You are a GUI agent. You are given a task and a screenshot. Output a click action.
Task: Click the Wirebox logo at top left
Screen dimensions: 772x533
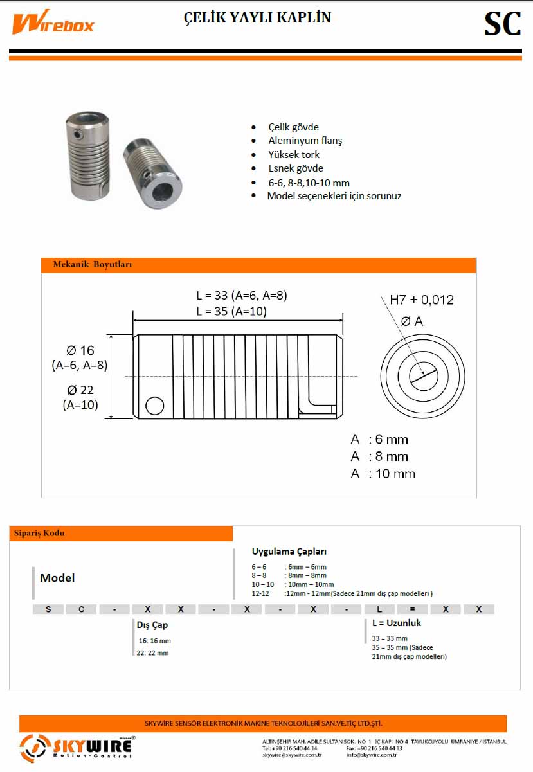[x=53, y=24]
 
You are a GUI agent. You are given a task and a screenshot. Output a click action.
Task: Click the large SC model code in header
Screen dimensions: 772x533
[x=502, y=24]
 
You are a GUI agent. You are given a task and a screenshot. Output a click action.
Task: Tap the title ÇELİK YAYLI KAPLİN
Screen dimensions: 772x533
[x=258, y=18]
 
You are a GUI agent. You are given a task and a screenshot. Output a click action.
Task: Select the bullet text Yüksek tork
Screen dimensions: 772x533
[x=294, y=154]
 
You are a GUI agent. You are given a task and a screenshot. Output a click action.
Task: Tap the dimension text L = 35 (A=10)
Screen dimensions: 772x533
[x=231, y=312]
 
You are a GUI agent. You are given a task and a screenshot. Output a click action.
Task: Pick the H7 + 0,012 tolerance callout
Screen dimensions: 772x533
[x=422, y=300]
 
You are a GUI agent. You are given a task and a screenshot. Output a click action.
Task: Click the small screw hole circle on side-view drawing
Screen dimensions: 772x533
[x=154, y=406]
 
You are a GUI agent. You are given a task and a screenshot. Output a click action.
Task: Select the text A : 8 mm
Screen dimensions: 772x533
[x=379, y=456]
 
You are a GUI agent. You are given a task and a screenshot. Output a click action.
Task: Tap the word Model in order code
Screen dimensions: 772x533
[x=57, y=578]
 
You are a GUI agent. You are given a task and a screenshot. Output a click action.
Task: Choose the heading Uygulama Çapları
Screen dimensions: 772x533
[x=289, y=552]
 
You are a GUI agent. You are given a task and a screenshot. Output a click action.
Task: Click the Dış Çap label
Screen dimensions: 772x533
[x=152, y=624]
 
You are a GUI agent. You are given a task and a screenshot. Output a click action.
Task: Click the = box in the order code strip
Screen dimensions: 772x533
[x=412, y=609]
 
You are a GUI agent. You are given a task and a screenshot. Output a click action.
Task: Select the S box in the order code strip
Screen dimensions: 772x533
[x=49, y=609]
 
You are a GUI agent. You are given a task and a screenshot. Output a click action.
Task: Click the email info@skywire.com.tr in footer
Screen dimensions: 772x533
[x=372, y=755]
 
